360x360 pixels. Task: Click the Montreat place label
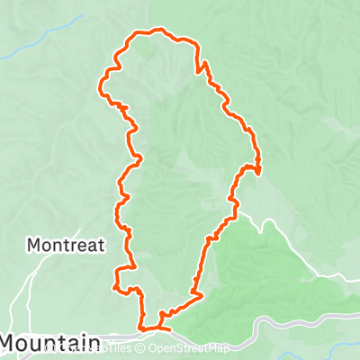(x=66, y=244)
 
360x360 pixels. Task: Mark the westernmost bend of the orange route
(x=99, y=87)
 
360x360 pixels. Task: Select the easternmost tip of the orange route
(x=260, y=168)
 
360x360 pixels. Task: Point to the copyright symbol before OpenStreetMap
(x=142, y=348)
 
